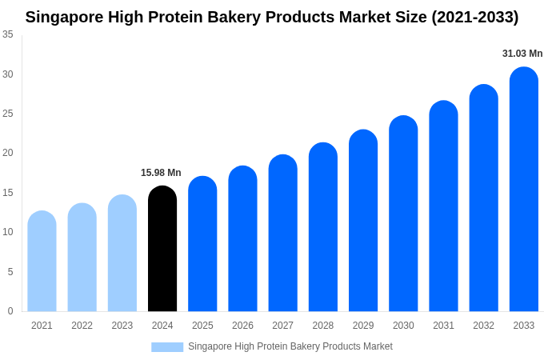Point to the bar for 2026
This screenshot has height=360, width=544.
pyautogui.click(x=242, y=239)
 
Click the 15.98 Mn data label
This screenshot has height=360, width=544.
pyautogui.click(x=161, y=173)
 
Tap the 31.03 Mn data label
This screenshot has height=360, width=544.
pyautogui.click(x=522, y=54)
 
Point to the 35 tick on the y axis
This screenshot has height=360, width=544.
pyautogui.click(x=8, y=34)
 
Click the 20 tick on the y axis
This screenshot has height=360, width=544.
pyautogui.click(x=8, y=153)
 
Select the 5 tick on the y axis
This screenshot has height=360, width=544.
pyautogui.click(x=10, y=272)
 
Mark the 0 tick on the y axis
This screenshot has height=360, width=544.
pyautogui.click(x=10, y=311)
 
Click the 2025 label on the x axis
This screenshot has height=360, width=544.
pyautogui.click(x=202, y=326)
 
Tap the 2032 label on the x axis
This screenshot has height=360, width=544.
pyautogui.click(x=483, y=326)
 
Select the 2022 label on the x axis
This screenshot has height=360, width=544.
pyautogui.click(x=82, y=326)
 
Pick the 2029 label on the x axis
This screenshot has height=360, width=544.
pyautogui.click(x=363, y=326)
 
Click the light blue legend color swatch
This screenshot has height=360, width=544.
pyautogui.click(x=167, y=347)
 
